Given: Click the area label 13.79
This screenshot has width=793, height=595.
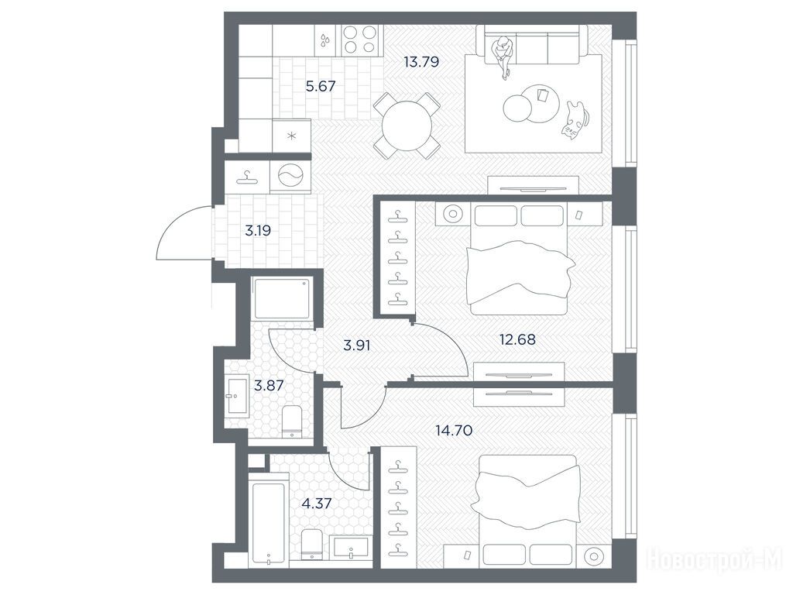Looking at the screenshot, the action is click(421, 62).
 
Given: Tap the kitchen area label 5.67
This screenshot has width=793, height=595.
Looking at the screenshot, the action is click(321, 86).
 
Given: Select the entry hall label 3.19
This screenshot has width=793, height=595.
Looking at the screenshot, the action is click(258, 231).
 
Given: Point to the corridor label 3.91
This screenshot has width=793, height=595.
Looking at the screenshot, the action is click(357, 346).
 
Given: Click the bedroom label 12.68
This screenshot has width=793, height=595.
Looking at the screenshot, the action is click(517, 339).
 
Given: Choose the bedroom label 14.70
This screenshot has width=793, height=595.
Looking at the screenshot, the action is click(454, 431).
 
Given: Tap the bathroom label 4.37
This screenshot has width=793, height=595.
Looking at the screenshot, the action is click(317, 504).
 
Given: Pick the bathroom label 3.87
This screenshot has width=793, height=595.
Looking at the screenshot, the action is click(269, 386).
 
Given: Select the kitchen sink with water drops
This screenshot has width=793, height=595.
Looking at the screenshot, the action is click(324, 40).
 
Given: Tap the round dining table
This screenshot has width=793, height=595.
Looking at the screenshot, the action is click(407, 125).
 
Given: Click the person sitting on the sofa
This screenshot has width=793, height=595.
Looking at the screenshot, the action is click(503, 56).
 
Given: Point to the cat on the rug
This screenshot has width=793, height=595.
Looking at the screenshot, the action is click(574, 119).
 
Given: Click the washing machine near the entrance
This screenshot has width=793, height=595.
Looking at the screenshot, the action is click(290, 177).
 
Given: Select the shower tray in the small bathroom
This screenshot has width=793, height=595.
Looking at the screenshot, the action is click(283, 297).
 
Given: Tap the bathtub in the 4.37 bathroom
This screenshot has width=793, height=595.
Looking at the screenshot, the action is click(269, 524).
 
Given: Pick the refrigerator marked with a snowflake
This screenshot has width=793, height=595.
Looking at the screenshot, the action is click(291, 136).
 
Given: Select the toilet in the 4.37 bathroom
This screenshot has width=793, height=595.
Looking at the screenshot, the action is click(311, 545).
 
